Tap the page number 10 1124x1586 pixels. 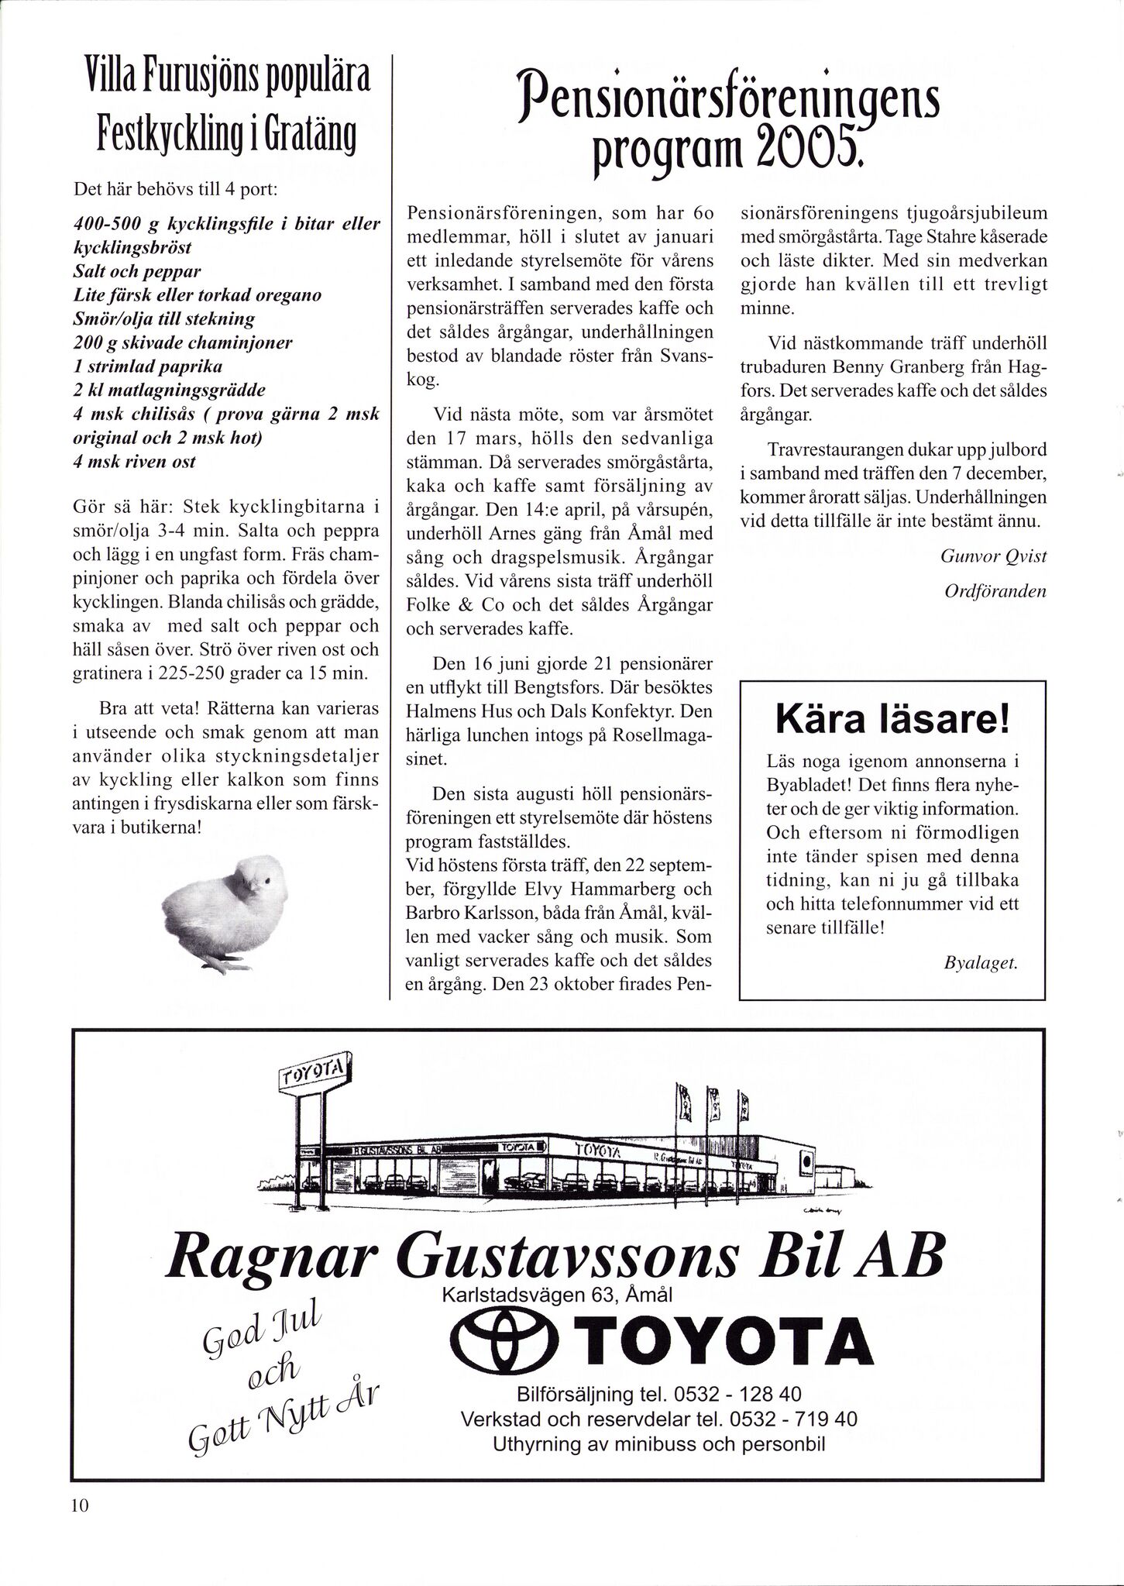(80, 1527)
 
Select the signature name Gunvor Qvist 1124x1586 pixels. (993, 555)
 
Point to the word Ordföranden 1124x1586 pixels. (995, 591)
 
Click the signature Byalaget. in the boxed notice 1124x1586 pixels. (981, 964)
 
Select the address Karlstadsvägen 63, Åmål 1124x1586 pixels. (557, 1295)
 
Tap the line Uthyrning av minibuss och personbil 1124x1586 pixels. (658, 1445)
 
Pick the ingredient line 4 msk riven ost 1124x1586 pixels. (134, 462)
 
